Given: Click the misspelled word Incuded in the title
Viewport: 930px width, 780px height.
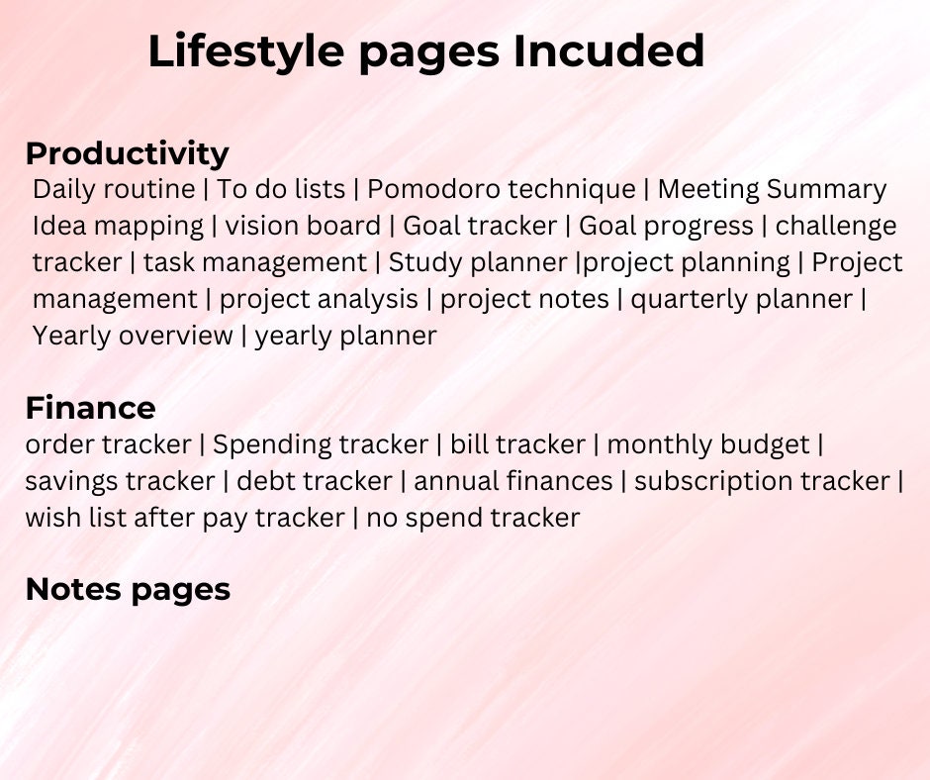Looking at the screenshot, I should pyautogui.click(x=608, y=51).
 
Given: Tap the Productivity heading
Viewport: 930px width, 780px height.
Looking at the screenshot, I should pyautogui.click(x=127, y=153).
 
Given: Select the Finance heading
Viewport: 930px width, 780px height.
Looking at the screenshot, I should pyautogui.click(x=90, y=408).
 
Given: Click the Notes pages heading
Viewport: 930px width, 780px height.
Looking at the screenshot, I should pyautogui.click(x=128, y=589).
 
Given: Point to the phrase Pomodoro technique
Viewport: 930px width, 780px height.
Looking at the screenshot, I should pyautogui.click(x=502, y=189).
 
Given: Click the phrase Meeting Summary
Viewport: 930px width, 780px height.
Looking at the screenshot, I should pyautogui.click(x=772, y=189).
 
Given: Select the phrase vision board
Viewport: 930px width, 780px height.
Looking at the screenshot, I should pyautogui.click(x=303, y=226).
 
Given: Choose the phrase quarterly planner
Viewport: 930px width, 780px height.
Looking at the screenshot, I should pyautogui.click(x=742, y=299).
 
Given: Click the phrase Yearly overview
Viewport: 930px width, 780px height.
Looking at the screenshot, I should pyautogui.click(x=133, y=336).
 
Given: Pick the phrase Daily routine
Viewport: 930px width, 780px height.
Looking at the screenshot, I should pyautogui.click(x=114, y=189).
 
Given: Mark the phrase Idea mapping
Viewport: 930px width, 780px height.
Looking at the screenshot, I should pyautogui.click(x=118, y=226).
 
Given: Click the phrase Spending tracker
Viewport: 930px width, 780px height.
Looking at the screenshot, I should pyautogui.click(x=321, y=444).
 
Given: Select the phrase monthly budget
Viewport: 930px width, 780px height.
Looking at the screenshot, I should pyautogui.click(x=708, y=444).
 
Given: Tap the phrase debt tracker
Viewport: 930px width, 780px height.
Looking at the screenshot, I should pyautogui.click(x=315, y=481).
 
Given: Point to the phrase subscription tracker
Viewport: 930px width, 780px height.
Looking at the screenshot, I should pyautogui.click(x=762, y=481).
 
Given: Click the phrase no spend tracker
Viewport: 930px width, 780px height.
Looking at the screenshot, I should pyautogui.click(x=473, y=517).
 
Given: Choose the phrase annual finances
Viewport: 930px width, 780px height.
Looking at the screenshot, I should pyautogui.click(x=512, y=481).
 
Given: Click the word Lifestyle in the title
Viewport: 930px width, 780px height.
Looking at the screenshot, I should pyautogui.click(x=249, y=51).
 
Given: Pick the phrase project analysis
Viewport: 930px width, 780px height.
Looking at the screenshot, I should pyautogui.click(x=319, y=299).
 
